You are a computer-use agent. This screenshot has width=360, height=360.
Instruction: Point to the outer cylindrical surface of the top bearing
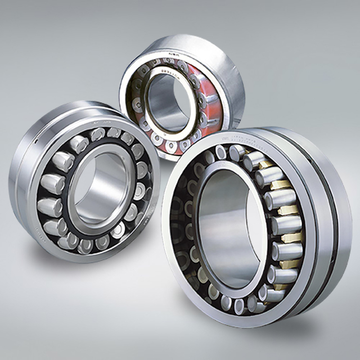225,62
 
